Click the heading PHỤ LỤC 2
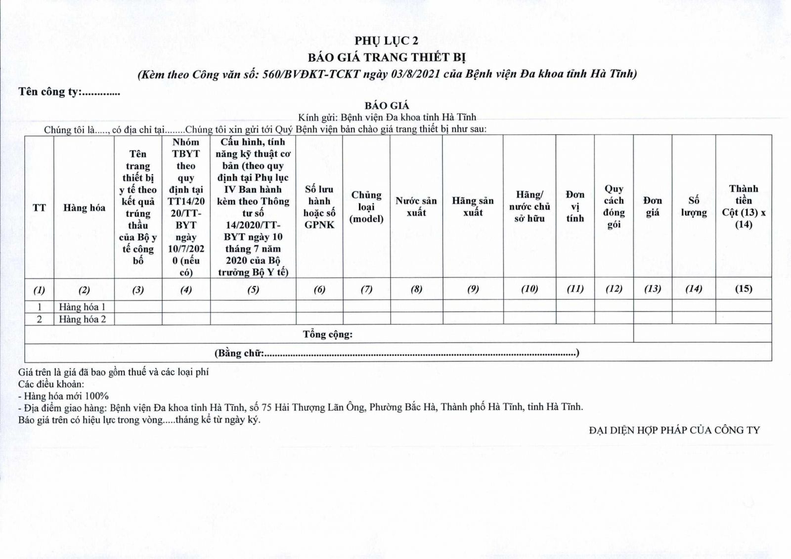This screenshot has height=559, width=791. point(386,41)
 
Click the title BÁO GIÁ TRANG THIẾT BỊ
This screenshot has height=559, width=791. point(387,57)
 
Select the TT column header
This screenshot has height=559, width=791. point(39,208)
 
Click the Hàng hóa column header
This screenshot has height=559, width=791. point(84,208)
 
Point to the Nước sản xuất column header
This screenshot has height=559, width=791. point(416,207)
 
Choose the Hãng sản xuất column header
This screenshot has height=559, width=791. point(473,207)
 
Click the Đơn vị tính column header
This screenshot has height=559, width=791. point(575,207)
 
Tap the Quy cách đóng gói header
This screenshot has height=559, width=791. point(614,207)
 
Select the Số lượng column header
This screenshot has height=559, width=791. point(694,207)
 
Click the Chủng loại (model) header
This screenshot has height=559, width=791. point(366,207)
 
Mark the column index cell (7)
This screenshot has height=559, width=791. point(366,289)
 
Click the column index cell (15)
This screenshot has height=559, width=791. point(744,289)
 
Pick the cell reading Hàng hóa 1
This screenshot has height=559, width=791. point(83,306)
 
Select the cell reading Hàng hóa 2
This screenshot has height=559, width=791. point(83,319)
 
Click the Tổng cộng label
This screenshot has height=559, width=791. point(328,335)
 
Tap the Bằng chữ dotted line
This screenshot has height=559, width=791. point(420,354)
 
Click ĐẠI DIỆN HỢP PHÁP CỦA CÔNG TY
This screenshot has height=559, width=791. point(674,430)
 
